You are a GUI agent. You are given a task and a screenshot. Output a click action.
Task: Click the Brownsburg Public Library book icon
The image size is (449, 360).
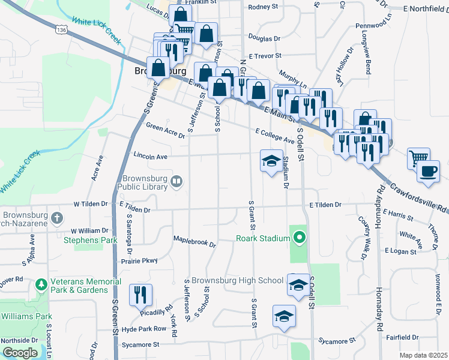(176, 181)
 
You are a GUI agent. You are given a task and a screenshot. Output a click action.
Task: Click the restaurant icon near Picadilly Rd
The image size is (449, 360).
(141, 294)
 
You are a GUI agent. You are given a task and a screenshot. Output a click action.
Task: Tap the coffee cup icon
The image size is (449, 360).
(428, 171)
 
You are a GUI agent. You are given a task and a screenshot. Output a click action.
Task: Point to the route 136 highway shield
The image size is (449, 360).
(61, 29)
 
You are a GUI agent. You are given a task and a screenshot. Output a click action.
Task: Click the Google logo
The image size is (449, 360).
(20, 353)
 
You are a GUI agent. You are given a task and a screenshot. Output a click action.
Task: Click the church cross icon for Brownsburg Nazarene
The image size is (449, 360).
(56, 217)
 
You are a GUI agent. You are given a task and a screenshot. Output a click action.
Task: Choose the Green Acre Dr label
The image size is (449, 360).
(166, 130)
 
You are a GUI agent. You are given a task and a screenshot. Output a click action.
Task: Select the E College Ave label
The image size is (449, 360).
(274, 136)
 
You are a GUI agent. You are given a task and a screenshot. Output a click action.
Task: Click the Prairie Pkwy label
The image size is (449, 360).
(139, 261)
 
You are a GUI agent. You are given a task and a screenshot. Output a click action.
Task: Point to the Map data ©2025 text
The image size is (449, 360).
(423, 355)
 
